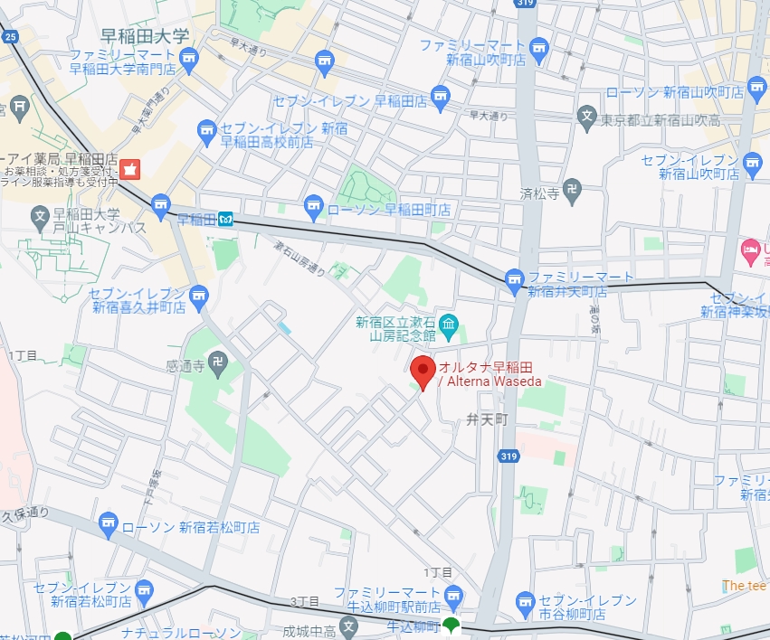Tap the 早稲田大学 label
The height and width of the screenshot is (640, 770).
pyautogui.click(x=145, y=37)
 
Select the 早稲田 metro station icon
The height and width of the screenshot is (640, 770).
pyautogui.click(x=224, y=219)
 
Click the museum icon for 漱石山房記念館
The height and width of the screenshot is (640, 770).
pyautogui.click(x=448, y=323)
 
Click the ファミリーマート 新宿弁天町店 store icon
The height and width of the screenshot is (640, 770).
pyautogui.click(x=515, y=277)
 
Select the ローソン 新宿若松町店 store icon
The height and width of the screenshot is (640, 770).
pyautogui.click(x=109, y=522)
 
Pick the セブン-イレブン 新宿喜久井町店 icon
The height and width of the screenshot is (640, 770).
pyautogui.click(x=199, y=294)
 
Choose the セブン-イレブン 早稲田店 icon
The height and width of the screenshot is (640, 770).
pyautogui.click(x=440, y=94)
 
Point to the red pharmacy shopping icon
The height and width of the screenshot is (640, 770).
pyautogui.click(x=131, y=169)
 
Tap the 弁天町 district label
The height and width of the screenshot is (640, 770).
pyautogui.click(x=489, y=419)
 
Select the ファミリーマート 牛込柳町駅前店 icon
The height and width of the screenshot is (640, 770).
pyautogui.click(x=452, y=594)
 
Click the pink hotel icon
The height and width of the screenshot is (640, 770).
pyautogui.click(x=750, y=248)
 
